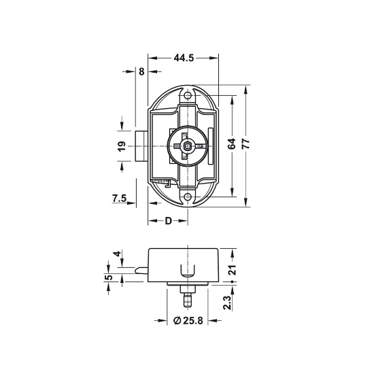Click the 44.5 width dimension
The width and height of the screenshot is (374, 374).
[x=184, y=58]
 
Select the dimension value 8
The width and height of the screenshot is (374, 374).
[x=141, y=71]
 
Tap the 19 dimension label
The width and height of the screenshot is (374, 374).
[x=122, y=146]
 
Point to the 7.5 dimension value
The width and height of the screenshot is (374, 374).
[x=119, y=198]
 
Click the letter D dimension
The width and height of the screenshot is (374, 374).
[x=169, y=221]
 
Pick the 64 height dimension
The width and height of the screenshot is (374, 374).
[x=231, y=143]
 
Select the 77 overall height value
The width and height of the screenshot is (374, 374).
[x=245, y=143]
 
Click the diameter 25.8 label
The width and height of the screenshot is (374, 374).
[x=188, y=320]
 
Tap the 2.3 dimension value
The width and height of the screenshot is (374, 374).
[x=227, y=303]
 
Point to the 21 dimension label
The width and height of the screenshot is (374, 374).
[x=232, y=270]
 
